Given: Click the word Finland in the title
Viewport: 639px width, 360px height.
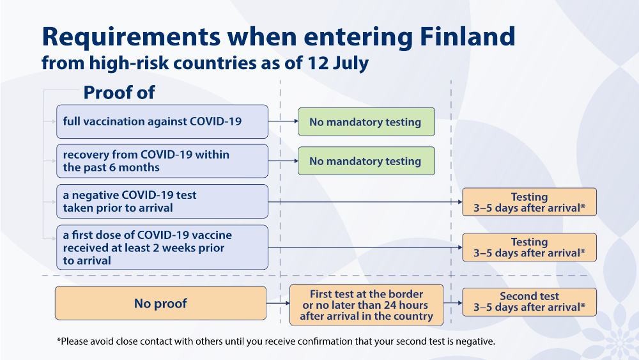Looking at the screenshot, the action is (x=468, y=36).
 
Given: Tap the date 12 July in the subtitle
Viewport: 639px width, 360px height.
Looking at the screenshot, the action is (x=338, y=63).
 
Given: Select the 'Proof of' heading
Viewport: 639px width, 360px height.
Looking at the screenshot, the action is (x=119, y=93).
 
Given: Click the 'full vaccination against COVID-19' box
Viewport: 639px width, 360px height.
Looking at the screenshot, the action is (x=162, y=121).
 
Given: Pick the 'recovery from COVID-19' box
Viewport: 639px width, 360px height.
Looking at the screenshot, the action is (x=162, y=161).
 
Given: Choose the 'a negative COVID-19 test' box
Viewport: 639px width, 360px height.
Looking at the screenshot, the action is (x=162, y=201).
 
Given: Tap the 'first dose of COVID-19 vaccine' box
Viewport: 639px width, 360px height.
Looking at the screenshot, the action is (x=162, y=247).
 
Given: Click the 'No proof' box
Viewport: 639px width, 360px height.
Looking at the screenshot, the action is (x=160, y=303).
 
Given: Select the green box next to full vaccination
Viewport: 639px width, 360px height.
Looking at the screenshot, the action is (x=366, y=122).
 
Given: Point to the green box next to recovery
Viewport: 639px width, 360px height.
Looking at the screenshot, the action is (x=366, y=161).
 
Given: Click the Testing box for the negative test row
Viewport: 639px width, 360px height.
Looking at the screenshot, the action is (x=529, y=202).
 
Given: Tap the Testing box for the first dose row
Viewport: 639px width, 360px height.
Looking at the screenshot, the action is (x=529, y=247).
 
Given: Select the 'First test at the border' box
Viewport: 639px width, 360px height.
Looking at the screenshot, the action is (x=366, y=305).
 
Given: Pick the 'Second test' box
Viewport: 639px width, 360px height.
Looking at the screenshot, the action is (x=529, y=302).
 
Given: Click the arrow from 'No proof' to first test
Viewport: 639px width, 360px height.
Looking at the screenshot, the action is (x=278, y=303).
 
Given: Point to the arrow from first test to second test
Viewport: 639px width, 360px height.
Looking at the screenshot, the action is (x=453, y=303).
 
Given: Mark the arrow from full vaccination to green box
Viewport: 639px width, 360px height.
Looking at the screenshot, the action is (x=283, y=121).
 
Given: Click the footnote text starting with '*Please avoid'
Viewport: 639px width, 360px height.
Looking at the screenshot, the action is (x=276, y=341).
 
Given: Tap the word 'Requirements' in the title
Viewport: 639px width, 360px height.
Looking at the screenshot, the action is (x=131, y=36).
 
